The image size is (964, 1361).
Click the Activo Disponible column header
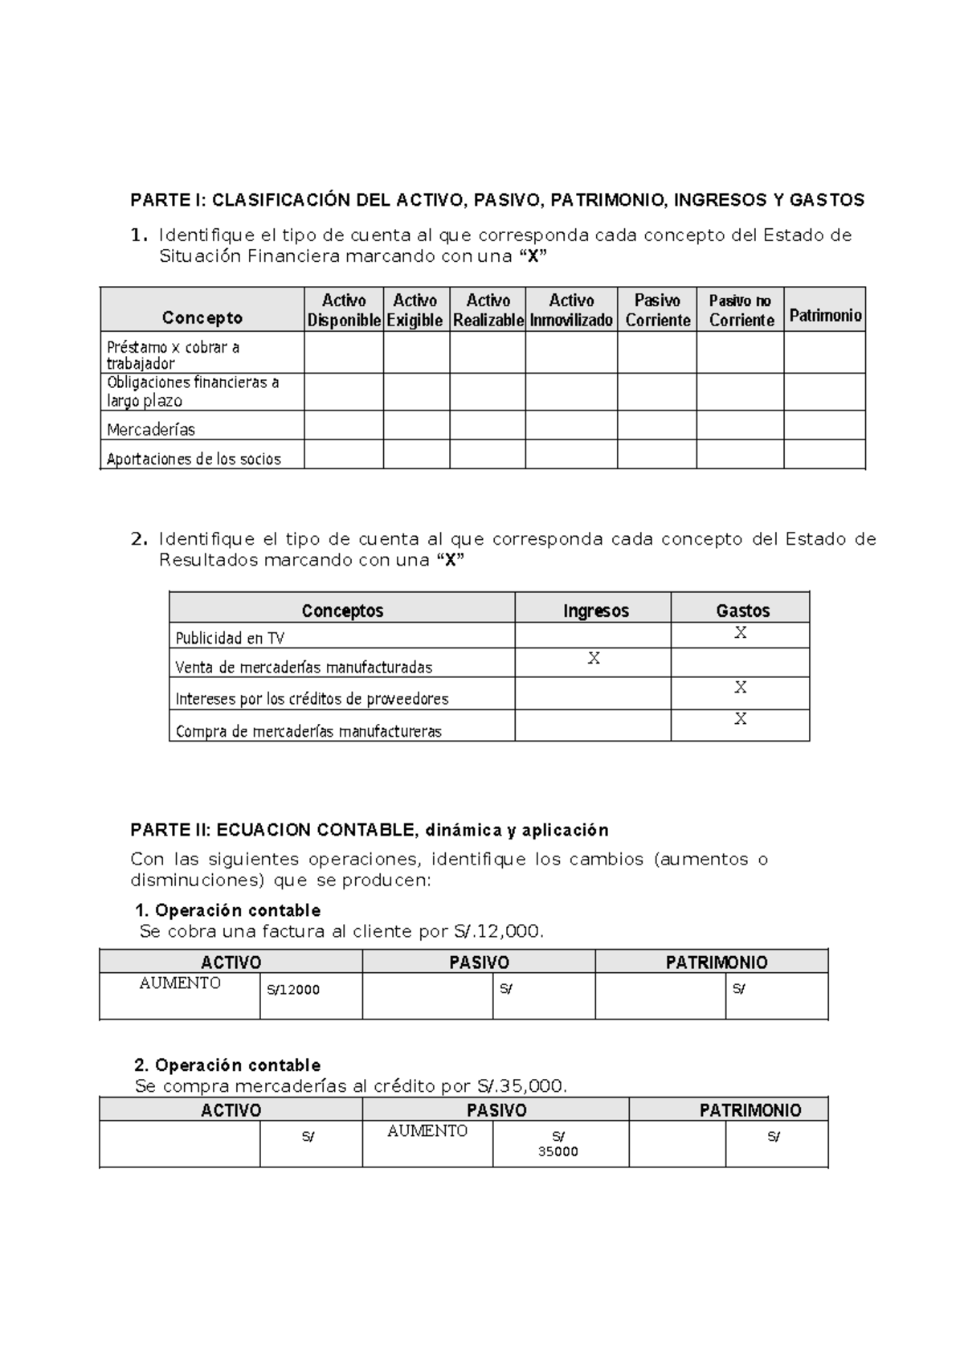click(x=344, y=310)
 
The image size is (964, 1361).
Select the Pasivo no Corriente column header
click(x=741, y=310)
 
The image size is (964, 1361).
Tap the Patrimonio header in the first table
click(x=825, y=316)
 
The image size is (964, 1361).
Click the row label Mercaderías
click(x=151, y=430)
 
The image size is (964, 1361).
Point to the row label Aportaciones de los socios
click(x=194, y=460)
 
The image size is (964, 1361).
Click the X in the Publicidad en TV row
click(x=741, y=633)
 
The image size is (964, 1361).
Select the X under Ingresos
click(x=594, y=659)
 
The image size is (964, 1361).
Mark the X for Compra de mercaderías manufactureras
click(x=741, y=719)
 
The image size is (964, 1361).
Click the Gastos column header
click(x=742, y=611)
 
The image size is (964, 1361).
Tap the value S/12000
click(x=293, y=990)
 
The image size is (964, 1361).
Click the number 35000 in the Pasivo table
click(x=558, y=1151)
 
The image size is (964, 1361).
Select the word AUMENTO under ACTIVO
click(x=180, y=983)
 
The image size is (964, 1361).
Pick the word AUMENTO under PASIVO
click(x=427, y=1131)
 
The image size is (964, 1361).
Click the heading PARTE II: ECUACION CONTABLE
click(x=370, y=830)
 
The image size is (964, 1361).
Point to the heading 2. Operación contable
click(x=228, y=1065)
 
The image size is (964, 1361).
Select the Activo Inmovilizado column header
click(x=571, y=310)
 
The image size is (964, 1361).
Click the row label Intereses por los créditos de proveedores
click(x=312, y=699)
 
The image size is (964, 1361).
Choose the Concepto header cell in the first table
click(x=202, y=318)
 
